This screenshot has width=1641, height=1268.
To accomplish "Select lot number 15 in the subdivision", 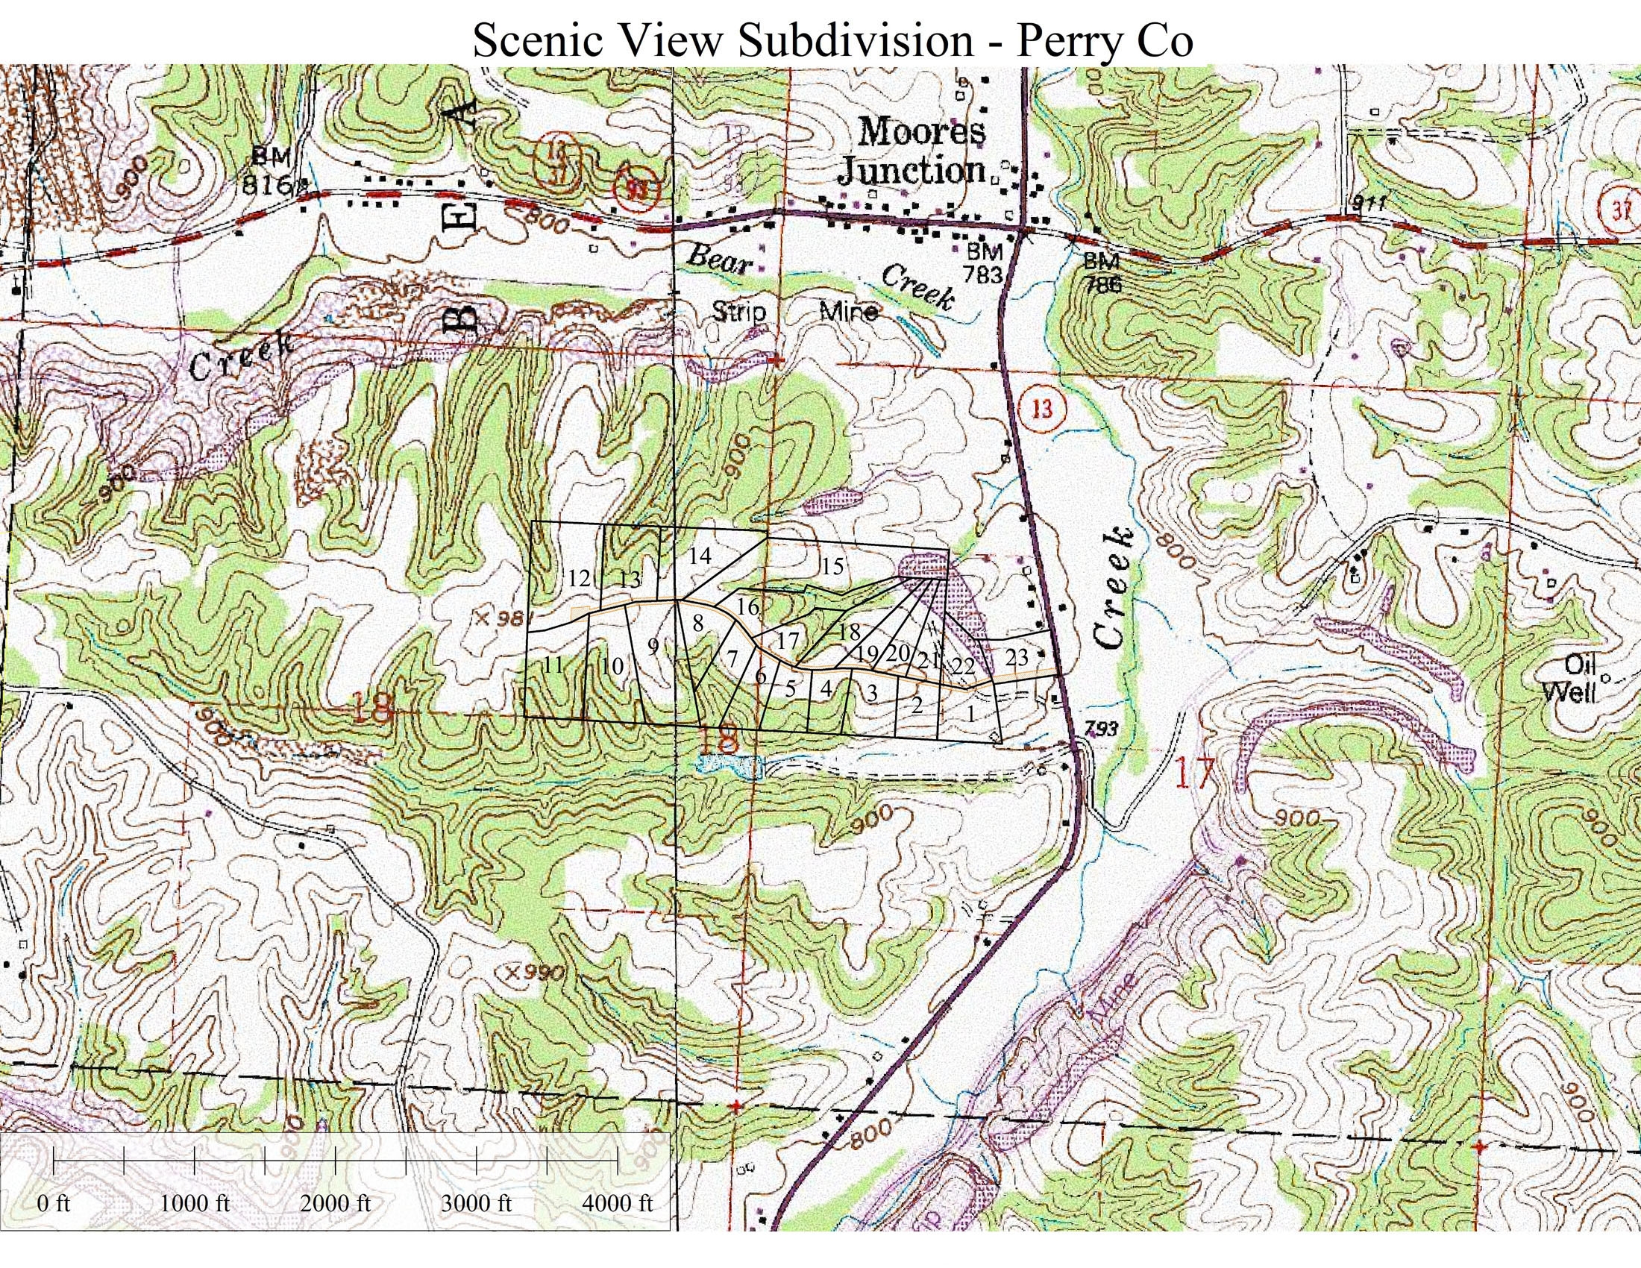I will point(832,565).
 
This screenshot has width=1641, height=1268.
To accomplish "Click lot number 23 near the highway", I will point(1016,657).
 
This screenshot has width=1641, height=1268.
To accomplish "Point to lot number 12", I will point(579,577).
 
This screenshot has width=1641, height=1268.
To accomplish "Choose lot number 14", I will point(699,555).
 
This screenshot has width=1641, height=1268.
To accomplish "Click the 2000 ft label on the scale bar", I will point(335,1224).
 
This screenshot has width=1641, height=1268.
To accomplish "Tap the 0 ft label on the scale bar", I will point(54,1224).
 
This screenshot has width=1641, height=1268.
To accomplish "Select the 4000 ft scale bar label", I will point(618,1224).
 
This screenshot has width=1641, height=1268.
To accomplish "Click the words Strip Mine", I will point(794,311).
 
